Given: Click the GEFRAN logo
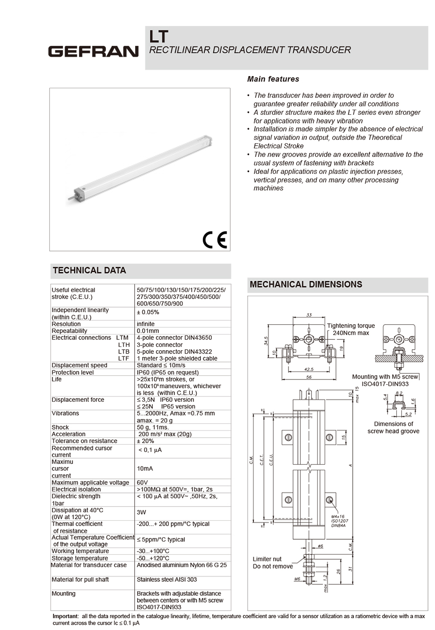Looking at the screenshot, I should tap(93, 51).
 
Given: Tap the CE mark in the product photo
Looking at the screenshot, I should tap(215, 240).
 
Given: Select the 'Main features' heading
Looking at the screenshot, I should tap(273, 79).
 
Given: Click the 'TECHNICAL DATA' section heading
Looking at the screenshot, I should tap(89, 270).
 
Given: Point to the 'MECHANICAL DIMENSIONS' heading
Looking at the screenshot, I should tap(305, 284).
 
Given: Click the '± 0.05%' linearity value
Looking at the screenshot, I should tap(148, 312).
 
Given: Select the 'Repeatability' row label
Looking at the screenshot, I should tap(69, 331).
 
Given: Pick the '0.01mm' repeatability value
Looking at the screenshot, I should tap(148, 331).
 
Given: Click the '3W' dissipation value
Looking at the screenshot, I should tap(141, 512).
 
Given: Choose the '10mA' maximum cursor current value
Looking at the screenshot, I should tap(145, 468).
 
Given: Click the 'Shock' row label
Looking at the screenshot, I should tap(60, 427).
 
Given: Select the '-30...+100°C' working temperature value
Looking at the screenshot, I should tap(153, 551).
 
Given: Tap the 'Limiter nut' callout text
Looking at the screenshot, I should tap(267, 559).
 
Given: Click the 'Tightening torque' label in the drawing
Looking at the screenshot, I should tap(350, 326).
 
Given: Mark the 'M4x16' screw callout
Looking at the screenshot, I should tap(338, 517).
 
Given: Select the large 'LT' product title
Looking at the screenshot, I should tap(158, 36).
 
